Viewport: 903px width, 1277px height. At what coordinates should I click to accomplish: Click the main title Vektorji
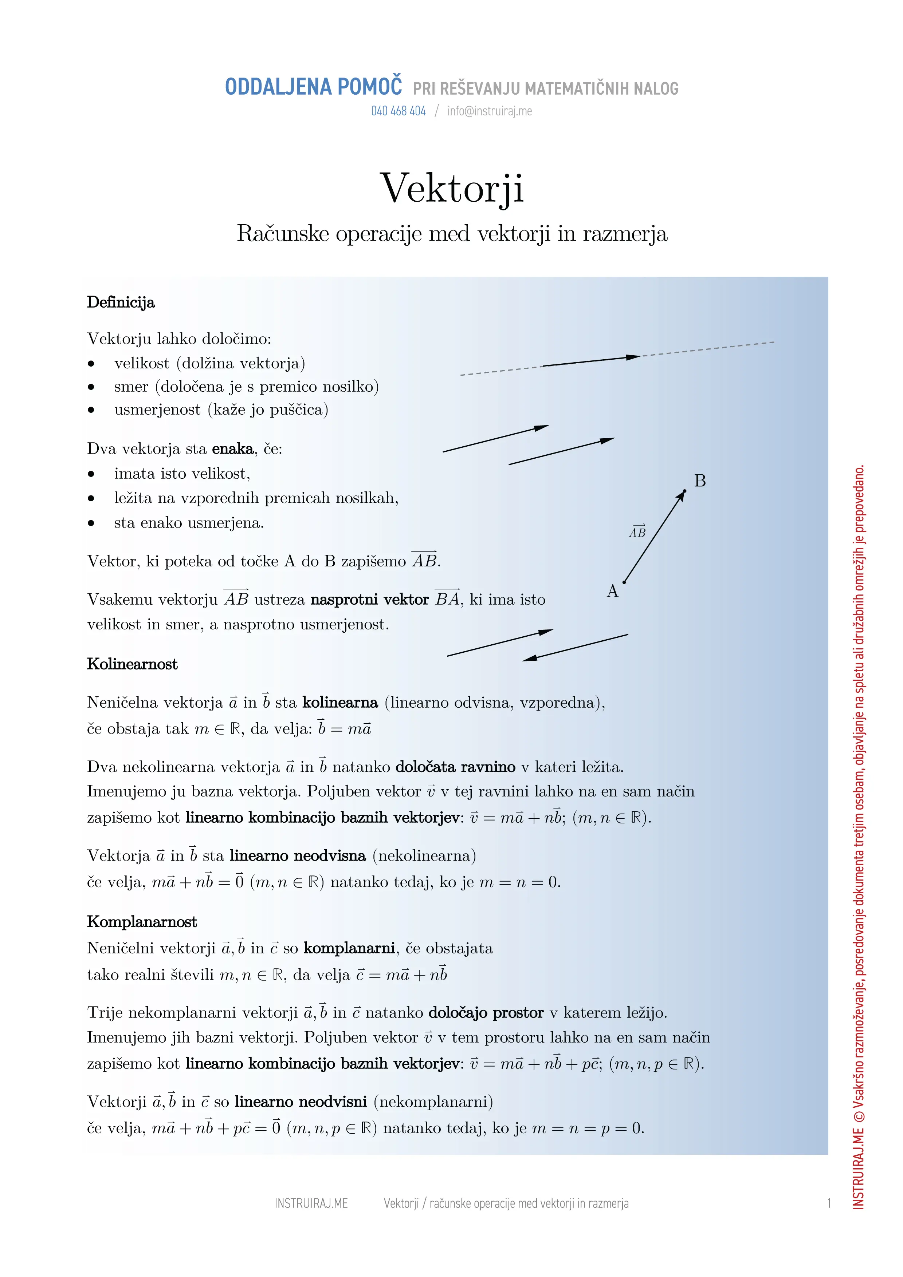pyautogui.click(x=451, y=188)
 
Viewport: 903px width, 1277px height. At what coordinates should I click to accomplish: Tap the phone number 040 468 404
pyautogui.click(x=399, y=111)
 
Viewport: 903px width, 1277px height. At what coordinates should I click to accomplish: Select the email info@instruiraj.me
pyautogui.click(x=490, y=111)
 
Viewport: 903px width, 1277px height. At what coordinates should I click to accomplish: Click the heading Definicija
pyautogui.click(x=121, y=303)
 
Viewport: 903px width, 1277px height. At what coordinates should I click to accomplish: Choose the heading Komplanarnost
pyautogui.click(x=142, y=922)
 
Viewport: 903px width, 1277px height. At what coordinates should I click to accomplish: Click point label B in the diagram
pyautogui.click(x=700, y=481)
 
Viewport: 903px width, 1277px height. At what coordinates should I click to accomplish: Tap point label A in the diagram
pyautogui.click(x=613, y=591)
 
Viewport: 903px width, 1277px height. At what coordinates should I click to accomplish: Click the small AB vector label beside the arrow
pyautogui.click(x=637, y=532)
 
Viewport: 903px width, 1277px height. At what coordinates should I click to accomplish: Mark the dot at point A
pyautogui.click(x=624, y=582)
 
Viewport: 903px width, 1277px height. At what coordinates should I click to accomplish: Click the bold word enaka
pyautogui.click(x=232, y=449)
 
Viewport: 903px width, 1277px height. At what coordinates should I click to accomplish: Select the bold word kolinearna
pyautogui.click(x=340, y=703)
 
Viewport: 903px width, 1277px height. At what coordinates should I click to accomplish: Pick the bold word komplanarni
pyautogui.click(x=349, y=948)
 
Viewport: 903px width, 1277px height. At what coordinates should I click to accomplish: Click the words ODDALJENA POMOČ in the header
pyautogui.click(x=313, y=87)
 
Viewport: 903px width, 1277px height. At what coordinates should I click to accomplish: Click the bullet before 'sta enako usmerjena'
pyautogui.click(x=91, y=523)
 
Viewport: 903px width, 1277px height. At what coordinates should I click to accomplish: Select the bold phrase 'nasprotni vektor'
pyautogui.click(x=369, y=600)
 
